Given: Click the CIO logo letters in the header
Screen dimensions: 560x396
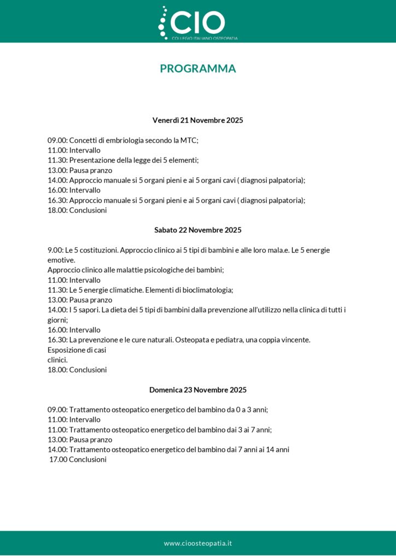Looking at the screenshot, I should click(198, 22).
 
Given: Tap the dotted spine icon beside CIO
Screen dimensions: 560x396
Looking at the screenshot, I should click(162, 24).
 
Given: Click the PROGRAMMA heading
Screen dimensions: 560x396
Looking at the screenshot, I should click(198, 68).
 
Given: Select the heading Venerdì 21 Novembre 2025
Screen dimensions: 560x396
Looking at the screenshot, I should click(197, 120).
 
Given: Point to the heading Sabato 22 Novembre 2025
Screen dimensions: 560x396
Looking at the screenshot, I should click(197, 230).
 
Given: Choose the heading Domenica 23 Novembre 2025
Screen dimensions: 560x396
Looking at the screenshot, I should click(197, 390).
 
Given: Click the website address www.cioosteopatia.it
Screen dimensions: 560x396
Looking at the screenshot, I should click(198, 543).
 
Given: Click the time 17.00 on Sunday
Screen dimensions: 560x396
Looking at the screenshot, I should click(58, 460).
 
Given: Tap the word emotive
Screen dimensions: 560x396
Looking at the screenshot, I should click(61, 260).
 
